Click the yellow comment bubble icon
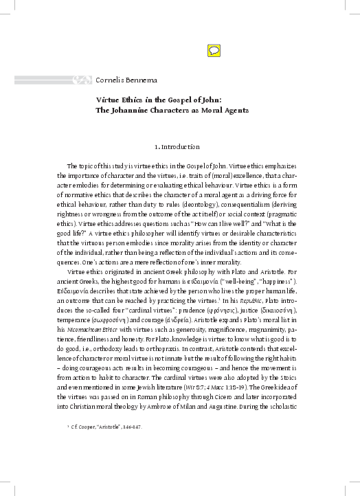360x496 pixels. pos(213,49)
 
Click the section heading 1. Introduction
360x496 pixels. pos(178,147)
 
